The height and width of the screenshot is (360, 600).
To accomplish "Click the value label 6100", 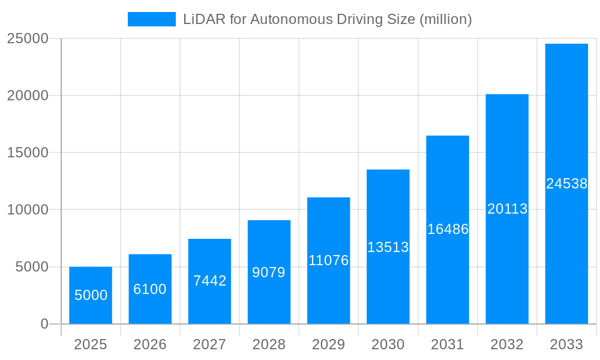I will (x=150, y=289).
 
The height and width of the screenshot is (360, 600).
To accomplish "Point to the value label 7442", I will (x=209, y=280).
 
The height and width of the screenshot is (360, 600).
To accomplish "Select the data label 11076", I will (x=328, y=260).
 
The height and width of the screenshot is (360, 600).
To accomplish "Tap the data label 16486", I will (x=448, y=229).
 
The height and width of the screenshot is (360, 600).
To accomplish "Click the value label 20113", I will (x=507, y=209).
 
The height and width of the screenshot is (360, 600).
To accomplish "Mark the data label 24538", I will (x=566, y=184).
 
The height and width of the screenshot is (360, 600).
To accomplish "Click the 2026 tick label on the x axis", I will (x=150, y=344).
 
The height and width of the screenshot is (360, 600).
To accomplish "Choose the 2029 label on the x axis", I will (x=328, y=344).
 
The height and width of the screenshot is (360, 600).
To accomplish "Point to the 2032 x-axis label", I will (x=507, y=344).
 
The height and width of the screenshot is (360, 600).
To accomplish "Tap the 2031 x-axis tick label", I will (x=448, y=344).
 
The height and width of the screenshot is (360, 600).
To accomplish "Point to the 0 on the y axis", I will (x=44, y=324).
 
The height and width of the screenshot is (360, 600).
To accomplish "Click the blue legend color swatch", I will (x=151, y=19).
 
